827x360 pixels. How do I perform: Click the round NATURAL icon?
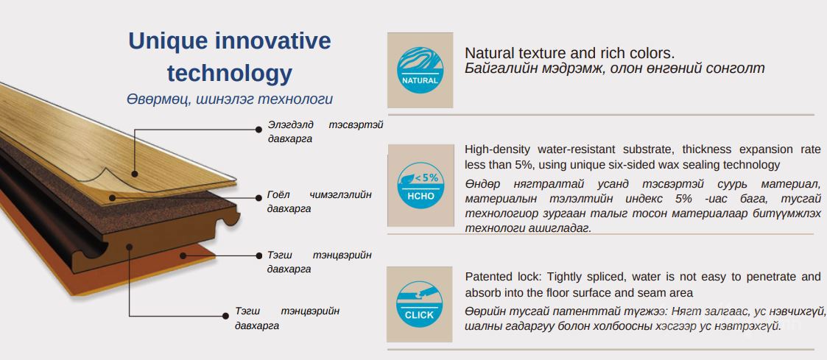coord(420,70)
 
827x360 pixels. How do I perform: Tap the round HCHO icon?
coord(420,185)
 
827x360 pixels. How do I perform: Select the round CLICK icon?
coord(419,304)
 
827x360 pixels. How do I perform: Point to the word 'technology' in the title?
coord(230,74)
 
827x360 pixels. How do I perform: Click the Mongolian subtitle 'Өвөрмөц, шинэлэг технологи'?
coord(230,99)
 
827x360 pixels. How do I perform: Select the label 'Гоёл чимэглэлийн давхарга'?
coord(319,201)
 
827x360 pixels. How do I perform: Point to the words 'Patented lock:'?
coord(504,277)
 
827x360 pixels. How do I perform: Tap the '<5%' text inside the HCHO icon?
coord(426,177)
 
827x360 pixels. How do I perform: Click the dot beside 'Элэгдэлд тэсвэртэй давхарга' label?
coord(258,129)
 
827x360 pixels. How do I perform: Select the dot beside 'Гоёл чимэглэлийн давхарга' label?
coord(258,198)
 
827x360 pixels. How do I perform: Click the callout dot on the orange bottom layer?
coord(183,255)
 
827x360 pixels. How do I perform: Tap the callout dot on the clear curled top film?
coord(135,173)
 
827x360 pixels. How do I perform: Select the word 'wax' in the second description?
coord(658,165)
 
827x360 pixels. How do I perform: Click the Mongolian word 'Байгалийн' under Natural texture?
coord(494,68)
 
